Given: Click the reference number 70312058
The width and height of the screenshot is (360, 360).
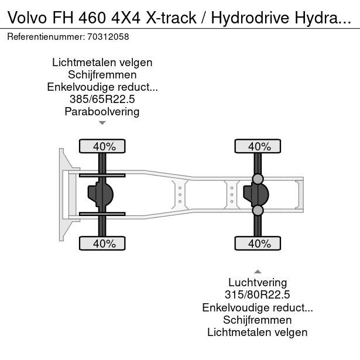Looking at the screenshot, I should [108, 36].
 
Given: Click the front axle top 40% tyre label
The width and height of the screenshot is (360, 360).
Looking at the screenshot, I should [102, 146].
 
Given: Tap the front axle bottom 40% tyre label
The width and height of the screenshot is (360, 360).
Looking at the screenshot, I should [102, 244].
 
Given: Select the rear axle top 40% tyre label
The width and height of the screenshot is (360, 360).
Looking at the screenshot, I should [258, 146].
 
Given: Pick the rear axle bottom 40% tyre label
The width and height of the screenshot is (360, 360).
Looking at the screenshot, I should [258, 244].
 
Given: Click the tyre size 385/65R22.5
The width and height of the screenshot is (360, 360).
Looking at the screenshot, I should [102, 100].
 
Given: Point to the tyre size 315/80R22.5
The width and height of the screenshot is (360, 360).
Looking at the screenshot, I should [258, 296].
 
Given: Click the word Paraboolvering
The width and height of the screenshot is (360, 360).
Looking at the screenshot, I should [102, 112].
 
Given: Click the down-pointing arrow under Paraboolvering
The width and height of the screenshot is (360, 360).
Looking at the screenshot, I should [102, 123].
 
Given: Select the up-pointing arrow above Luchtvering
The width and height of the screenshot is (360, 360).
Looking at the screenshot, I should [258, 272].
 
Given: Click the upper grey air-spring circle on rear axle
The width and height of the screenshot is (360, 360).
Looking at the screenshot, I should [258, 179].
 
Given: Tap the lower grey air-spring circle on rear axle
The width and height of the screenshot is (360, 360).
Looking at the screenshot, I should [258, 210].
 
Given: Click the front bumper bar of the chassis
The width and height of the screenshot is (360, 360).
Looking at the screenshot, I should [61, 194].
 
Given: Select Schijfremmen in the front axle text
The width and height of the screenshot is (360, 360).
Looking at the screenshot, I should [102, 75].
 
